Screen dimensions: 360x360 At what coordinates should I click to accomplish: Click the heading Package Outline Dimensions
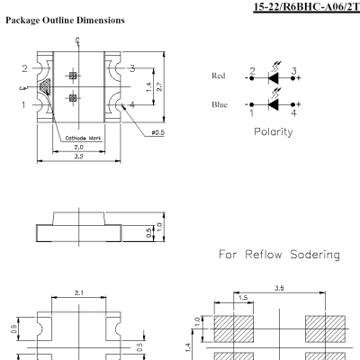(65, 20)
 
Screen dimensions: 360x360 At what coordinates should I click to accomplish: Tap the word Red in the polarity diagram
(218, 76)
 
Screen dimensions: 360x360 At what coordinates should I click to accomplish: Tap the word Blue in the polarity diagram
(219, 104)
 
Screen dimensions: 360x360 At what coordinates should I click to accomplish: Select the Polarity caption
(274, 131)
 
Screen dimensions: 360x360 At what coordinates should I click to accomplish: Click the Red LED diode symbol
(273, 77)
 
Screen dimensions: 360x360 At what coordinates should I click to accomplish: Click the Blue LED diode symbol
(273, 104)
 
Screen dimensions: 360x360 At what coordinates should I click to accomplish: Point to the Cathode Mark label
(83, 138)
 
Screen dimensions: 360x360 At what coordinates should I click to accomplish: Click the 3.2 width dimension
(78, 157)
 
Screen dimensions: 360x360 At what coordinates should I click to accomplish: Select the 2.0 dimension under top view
(78, 147)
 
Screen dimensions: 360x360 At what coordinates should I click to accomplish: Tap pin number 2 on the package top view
(24, 68)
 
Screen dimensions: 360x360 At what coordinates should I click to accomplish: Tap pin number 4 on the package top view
(131, 105)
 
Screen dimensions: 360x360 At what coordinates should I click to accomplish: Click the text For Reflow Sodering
(280, 255)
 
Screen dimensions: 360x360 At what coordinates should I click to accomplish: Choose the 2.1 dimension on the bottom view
(78, 293)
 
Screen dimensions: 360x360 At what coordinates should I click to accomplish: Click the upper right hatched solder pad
(323, 325)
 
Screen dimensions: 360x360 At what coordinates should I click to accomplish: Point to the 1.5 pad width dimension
(244, 299)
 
